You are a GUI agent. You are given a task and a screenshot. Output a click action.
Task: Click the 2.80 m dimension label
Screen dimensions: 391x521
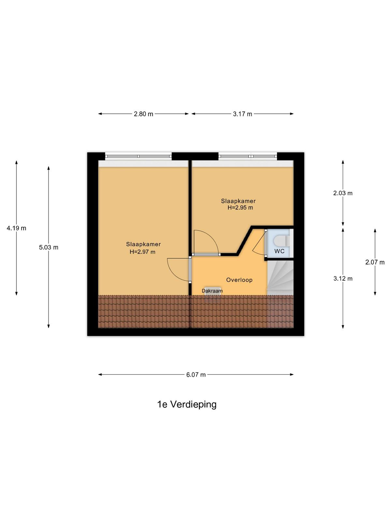tap(143, 114)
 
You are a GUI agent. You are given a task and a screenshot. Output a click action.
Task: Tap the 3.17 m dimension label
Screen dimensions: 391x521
tap(242, 114)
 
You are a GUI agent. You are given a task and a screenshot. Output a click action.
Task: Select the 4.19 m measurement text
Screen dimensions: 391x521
tap(16, 228)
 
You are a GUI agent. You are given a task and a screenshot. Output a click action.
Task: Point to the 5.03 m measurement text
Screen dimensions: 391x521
tap(49, 247)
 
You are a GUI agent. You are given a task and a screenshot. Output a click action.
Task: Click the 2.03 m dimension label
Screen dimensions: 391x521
tap(343, 193)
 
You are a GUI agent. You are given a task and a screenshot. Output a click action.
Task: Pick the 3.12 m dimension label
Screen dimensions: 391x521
tap(343, 278)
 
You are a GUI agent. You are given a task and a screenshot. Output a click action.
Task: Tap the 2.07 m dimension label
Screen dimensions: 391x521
tap(375, 262)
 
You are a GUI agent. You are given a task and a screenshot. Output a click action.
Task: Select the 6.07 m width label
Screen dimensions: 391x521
tap(196, 374)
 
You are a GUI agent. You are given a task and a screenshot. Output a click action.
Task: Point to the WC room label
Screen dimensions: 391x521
tap(279, 251)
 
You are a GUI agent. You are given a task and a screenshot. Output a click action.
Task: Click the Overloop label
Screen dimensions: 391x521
tap(239, 280)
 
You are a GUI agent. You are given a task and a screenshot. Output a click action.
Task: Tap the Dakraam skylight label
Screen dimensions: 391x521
tap(212, 291)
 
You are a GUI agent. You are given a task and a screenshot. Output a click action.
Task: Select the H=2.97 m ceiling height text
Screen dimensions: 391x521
tap(142, 252)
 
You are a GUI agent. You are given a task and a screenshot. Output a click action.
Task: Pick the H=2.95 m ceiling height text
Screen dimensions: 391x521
tap(240, 207)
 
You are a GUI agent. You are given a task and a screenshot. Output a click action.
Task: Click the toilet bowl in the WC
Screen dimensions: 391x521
tap(282, 241)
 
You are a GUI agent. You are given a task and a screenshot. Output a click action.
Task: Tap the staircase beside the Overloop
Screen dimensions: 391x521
tap(280, 278)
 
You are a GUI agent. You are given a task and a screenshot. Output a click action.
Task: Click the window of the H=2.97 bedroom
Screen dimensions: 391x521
tap(138, 156)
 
